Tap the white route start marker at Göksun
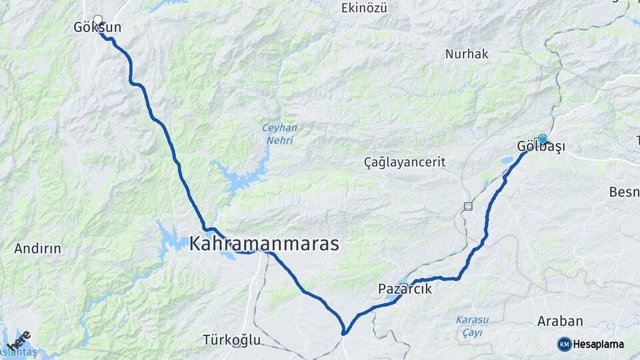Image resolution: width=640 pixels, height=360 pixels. click(99, 20)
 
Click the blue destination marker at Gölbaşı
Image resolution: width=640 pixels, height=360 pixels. click(542, 139)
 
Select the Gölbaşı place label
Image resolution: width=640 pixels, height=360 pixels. click(541, 147)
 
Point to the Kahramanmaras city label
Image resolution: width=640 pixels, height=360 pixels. click(264, 244)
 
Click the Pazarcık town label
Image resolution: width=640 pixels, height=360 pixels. click(405, 289)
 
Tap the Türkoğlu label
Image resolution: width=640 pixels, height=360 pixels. click(231, 340)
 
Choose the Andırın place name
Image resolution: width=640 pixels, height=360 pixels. click(37, 249)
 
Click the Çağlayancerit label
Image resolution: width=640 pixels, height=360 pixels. click(405, 162)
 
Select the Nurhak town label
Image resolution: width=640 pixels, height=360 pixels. click(467, 54)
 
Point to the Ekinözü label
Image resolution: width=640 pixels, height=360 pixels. click(363, 8)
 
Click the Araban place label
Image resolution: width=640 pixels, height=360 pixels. click(560, 321)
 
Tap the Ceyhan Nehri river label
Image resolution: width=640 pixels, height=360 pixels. click(279, 134)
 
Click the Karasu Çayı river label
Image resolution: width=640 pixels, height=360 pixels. click(472, 326)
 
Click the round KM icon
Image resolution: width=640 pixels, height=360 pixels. click(564, 344)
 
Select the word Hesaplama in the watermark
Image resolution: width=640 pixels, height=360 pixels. click(598, 344)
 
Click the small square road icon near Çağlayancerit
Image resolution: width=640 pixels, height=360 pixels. click(469, 206)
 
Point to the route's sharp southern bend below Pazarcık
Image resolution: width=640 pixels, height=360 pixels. click(344, 332)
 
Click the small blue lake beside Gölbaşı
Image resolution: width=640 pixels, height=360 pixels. click(507, 161)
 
